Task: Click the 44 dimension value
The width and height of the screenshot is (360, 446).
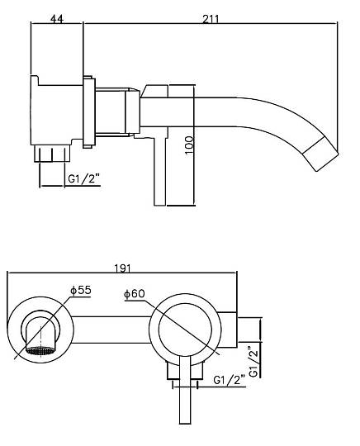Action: click(x=57, y=19)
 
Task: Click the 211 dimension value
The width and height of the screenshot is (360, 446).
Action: click(x=211, y=19)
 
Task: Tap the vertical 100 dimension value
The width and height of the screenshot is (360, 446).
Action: click(x=189, y=145)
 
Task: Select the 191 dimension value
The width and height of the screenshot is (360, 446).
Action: click(x=122, y=268)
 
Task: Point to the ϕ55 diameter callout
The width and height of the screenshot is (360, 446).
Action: click(x=81, y=290)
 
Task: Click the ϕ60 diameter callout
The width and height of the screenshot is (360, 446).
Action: click(x=135, y=293)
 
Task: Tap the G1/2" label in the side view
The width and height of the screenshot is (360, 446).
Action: click(x=84, y=179)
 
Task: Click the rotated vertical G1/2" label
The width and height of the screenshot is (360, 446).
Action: click(x=253, y=361)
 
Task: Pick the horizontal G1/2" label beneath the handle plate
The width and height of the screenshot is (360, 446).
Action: click(x=229, y=380)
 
